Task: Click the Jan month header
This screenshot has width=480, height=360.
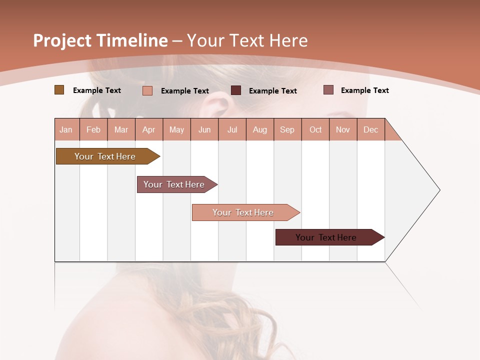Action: [66, 129]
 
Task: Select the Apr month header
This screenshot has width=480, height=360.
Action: [148, 129]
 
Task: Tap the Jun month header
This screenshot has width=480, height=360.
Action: [204, 129]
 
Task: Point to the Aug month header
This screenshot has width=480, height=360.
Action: [259, 129]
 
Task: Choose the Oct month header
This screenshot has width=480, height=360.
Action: [315, 129]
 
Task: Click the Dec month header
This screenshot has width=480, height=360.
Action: [370, 129]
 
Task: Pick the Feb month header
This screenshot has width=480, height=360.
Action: [93, 129]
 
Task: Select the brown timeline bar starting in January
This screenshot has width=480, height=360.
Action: [105, 156]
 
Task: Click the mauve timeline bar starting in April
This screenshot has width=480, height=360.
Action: [174, 184]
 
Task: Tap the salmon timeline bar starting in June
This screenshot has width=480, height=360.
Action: [243, 212]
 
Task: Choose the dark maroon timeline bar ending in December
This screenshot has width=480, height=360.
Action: [326, 237]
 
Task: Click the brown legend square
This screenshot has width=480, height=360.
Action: [59, 90]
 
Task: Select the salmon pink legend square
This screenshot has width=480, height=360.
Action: [147, 90]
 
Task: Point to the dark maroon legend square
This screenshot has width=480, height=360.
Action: [236, 90]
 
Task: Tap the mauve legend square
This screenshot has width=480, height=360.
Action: [328, 90]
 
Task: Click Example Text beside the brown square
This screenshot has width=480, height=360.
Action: [97, 90]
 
